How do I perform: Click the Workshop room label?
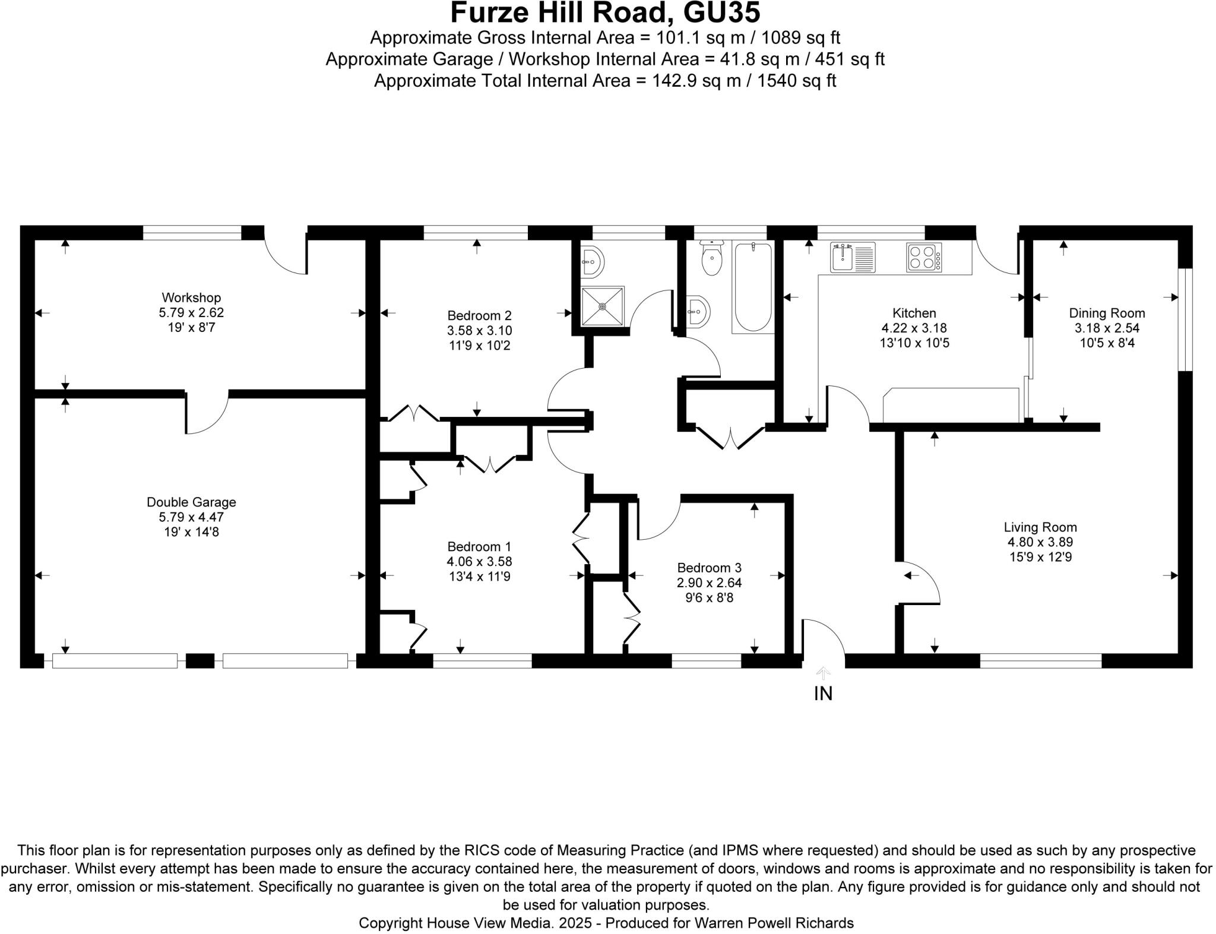191,297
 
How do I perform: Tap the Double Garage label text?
191,502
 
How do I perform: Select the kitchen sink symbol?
852,257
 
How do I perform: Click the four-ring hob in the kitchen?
923,257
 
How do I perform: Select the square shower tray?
602,306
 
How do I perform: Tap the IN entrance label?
823,693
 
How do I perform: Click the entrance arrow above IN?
823,673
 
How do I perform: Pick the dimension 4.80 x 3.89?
1040,542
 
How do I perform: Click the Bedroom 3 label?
709,568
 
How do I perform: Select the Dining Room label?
1107,313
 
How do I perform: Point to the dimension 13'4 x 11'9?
479,577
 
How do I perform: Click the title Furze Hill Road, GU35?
605,13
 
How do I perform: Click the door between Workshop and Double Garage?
207,413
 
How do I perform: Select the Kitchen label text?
914,313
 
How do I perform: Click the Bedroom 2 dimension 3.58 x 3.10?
479,330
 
